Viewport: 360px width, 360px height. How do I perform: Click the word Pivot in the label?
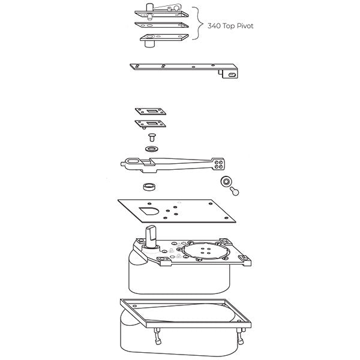(245, 26)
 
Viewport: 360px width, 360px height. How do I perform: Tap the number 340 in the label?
(214, 26)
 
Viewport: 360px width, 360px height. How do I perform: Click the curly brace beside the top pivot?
(197, 23)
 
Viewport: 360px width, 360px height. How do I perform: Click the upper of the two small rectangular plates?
(151, 112)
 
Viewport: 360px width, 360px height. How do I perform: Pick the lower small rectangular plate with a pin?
(151, 124)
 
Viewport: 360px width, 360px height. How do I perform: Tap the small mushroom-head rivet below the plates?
(152, 137)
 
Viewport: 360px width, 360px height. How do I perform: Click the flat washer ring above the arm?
(152, 149)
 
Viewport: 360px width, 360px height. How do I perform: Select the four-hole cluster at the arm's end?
(218, 164)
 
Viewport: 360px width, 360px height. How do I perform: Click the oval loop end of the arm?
(133, 161)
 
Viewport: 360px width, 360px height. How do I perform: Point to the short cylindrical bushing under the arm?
(149, 187)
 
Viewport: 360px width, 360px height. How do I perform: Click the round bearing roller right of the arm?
(226, 182)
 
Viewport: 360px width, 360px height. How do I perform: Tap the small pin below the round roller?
(235, 191)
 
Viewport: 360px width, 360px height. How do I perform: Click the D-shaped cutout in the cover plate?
(149, 211)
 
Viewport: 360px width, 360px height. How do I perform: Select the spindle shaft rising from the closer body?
(151, 236)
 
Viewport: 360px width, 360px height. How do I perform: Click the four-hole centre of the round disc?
(205, 250)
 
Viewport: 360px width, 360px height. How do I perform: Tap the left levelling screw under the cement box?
(158, 336)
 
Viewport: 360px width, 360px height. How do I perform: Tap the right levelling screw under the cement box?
(241, 336)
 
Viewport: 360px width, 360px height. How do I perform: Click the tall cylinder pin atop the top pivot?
(149, 8)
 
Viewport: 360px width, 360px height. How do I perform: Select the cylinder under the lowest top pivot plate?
(150, 44)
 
